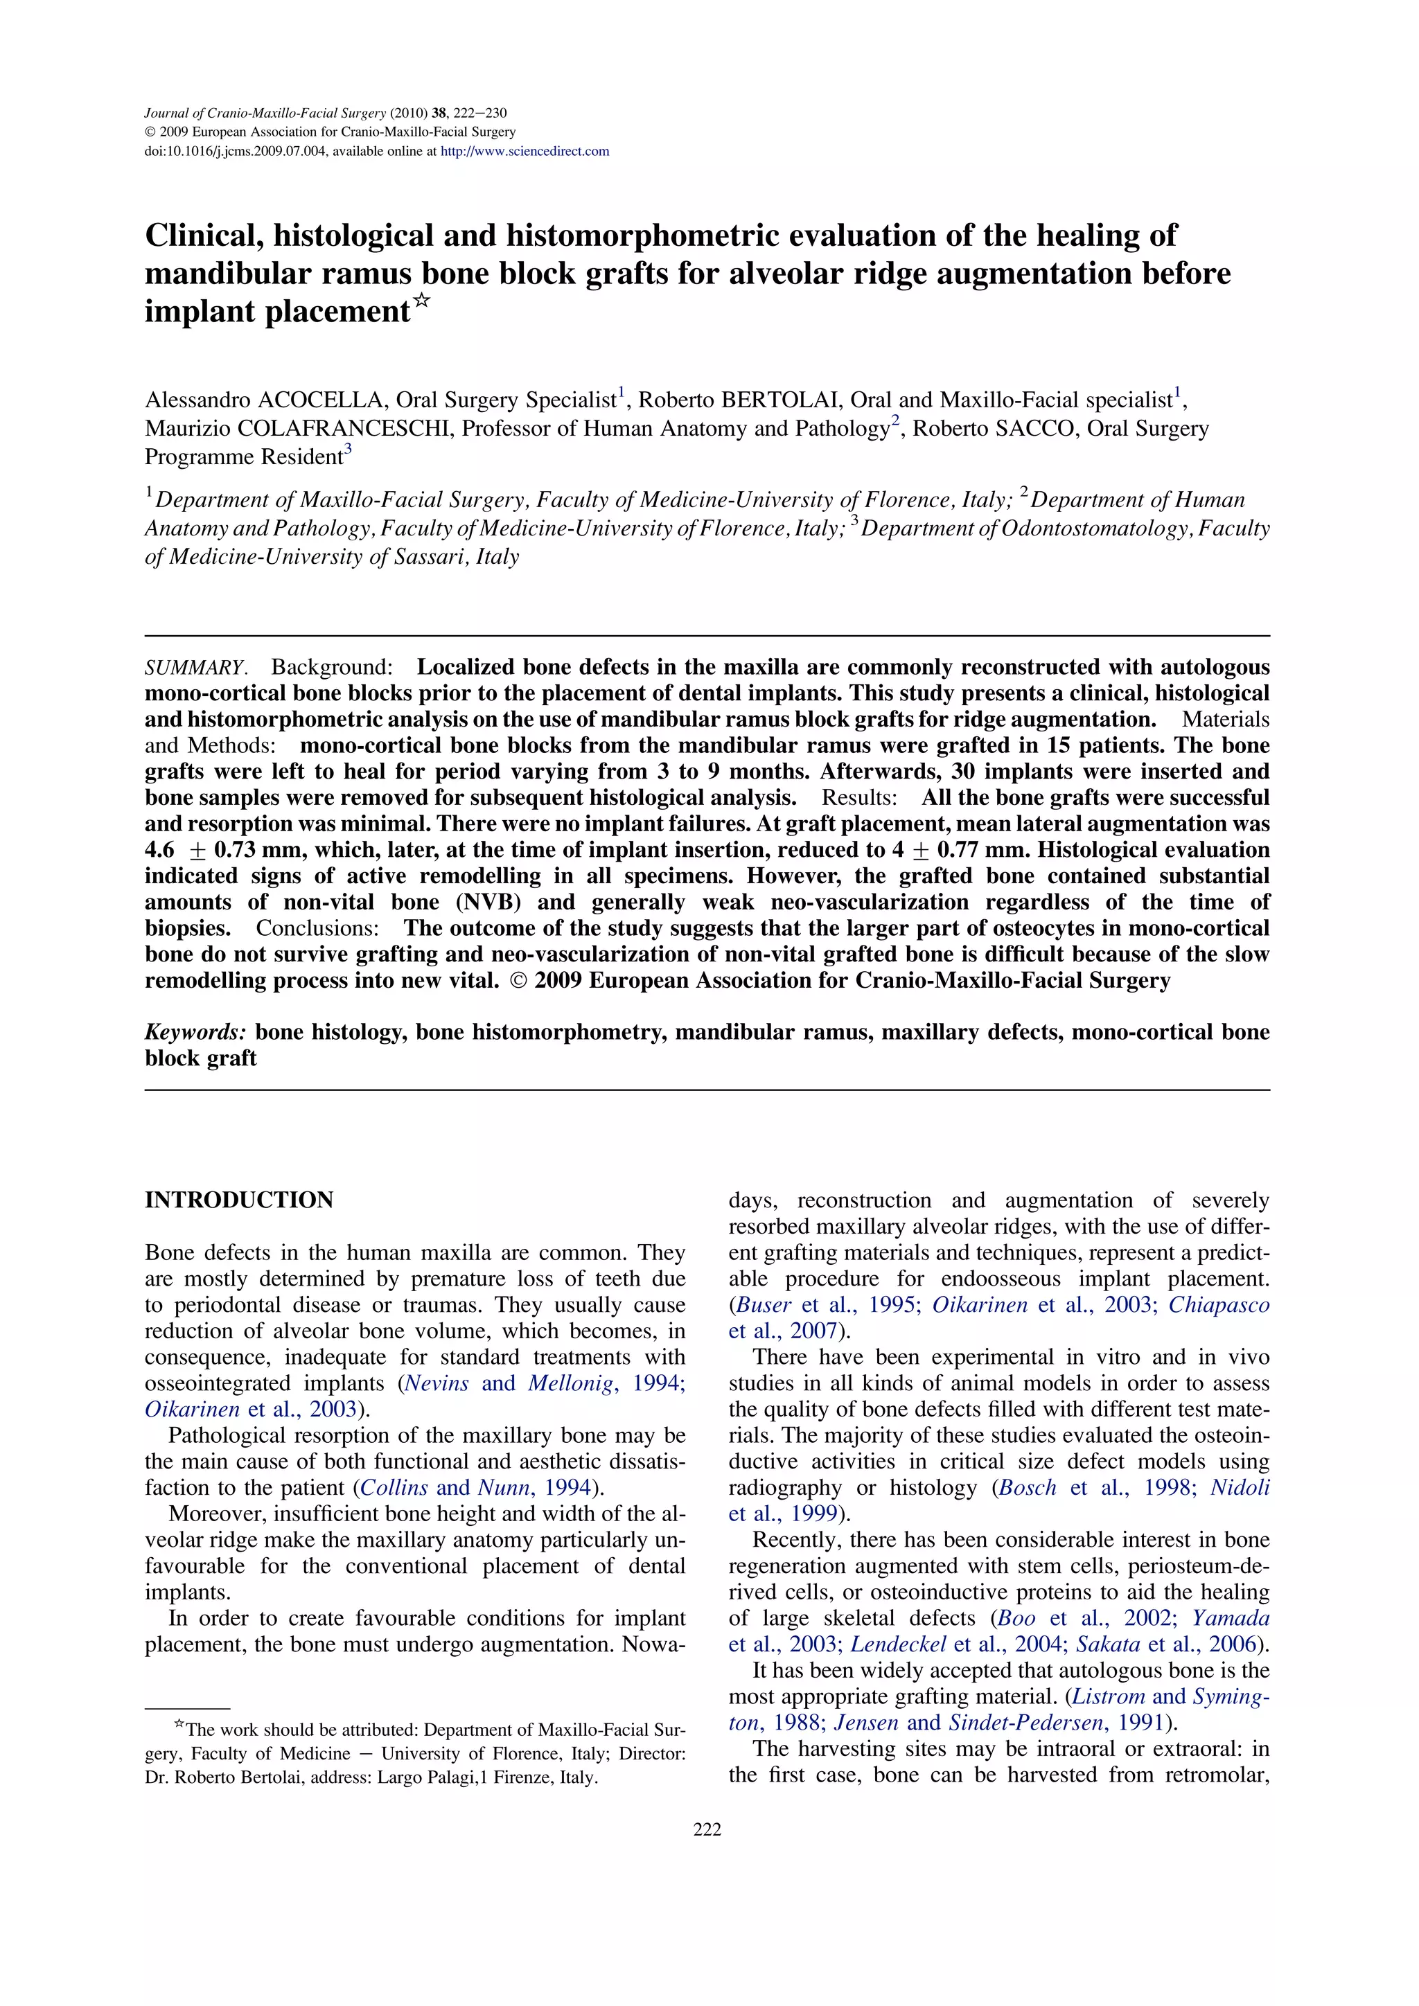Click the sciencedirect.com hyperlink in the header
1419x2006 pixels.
coord(525,151)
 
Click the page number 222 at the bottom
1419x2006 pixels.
coord(707,1829)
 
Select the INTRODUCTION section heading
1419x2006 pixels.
coord(238,1200)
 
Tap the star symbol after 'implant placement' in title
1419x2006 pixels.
coord(422,302)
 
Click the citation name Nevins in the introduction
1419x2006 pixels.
coord(437,1383)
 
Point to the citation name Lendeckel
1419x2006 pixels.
coord(898,1644)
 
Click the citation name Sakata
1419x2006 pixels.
coord(1107,1644)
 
